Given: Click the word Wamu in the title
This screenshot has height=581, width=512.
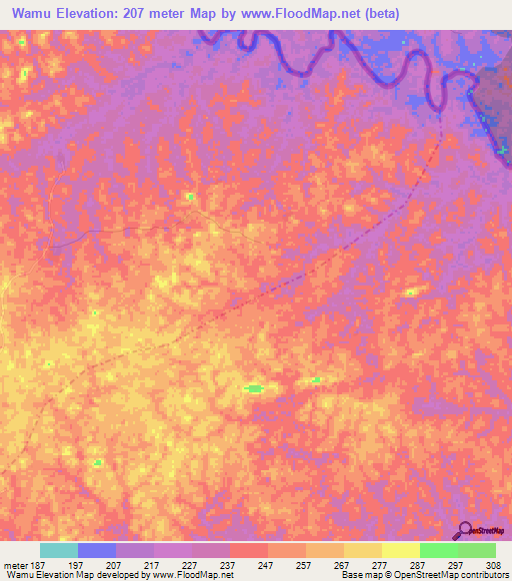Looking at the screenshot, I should coord(34,14).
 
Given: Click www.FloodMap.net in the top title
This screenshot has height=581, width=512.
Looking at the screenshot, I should coord(320,14).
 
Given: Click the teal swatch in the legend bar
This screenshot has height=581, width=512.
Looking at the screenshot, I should coord(59,550).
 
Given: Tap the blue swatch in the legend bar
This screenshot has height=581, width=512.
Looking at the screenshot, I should coord(97,550).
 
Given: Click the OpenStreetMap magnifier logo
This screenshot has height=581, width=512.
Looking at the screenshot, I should coord(463,531).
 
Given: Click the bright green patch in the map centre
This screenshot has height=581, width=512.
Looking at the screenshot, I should coord(254,388).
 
